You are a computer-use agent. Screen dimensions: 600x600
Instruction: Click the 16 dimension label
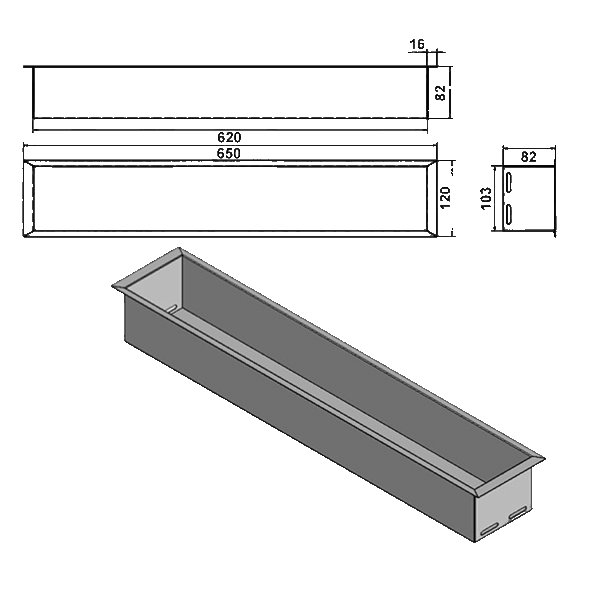(x=417, y=45)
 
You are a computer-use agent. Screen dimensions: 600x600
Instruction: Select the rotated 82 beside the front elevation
(x=440, y=93)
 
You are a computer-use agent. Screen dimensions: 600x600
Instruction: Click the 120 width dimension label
(x=446, y=198)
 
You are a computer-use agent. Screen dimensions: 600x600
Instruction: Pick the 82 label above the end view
(x=528, y=157)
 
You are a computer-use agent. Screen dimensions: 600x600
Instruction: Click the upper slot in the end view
(x=509, y=182)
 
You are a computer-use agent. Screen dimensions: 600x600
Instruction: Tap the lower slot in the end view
(x=509, y=214)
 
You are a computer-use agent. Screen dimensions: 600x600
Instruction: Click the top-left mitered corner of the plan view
(x=29, y=162)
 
